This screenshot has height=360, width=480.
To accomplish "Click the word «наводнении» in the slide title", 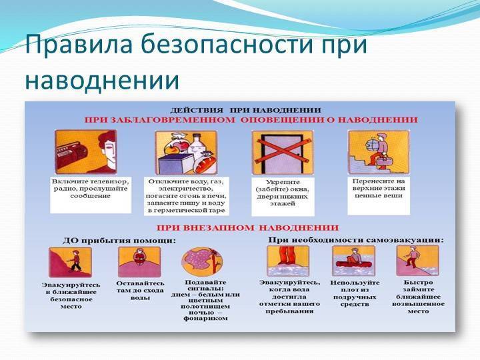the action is [102, 80].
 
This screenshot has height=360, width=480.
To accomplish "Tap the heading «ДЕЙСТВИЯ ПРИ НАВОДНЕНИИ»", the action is [245, 110].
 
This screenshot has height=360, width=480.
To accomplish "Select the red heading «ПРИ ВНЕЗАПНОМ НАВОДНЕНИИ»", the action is [247, 228].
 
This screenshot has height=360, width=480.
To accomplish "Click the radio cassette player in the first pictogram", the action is [71, 155].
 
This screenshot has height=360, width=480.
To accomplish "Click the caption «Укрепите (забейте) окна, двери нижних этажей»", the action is [282, 193].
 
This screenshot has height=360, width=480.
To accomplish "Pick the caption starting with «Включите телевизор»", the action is [90, 189].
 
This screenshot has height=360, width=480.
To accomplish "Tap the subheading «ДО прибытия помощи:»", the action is [119, 241].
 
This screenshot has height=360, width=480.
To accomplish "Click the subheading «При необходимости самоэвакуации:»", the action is [356, 240].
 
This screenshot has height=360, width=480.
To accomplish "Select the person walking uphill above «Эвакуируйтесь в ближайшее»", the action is [75, 260].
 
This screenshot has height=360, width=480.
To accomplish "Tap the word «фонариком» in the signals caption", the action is [205, 319].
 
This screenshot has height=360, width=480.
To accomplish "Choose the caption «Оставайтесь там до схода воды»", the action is [140, 290].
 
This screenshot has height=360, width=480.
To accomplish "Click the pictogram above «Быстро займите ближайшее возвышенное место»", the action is [418, 261].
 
